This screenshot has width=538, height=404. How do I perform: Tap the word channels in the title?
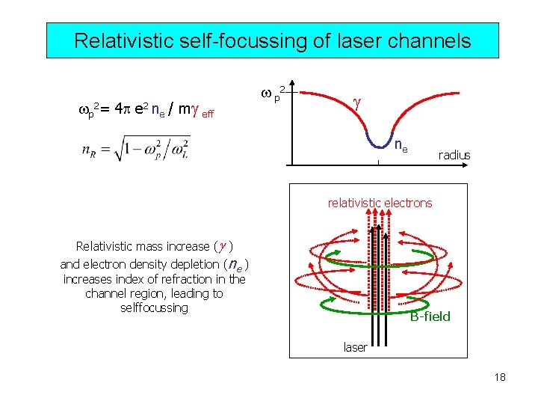click(x=433, y=40)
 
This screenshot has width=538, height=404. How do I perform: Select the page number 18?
click(x=500, y=377)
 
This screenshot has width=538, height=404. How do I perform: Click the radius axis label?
click(x=454, y=155)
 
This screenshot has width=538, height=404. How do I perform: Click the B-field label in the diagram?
click(x=430, y=316)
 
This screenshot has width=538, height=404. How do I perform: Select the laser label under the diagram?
click(x=355, y=347)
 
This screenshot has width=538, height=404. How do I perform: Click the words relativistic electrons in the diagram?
click(x=380, y=203)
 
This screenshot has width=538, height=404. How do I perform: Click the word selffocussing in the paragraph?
click(x=154, y=307)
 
